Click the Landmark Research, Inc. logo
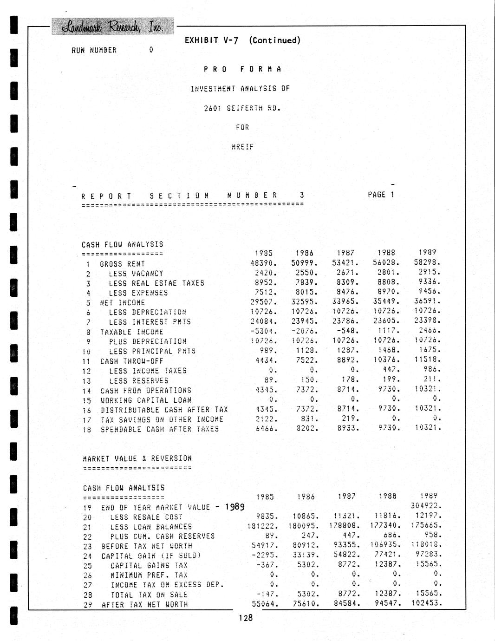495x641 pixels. tap(113, 26)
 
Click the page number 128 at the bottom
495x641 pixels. tap(246, 618)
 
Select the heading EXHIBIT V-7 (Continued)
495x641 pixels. tap(242, 40)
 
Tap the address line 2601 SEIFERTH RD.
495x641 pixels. tap(242, 108)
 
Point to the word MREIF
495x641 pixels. tap(242, 147)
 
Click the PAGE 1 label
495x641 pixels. tap(381, 195)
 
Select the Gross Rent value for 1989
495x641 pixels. tap(427, 262)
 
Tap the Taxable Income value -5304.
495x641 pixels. tap(264, 332)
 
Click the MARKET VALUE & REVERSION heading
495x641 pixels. tap(137, 458)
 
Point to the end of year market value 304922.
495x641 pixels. tap(426, 506)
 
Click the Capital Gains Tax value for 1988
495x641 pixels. tap(386, 564)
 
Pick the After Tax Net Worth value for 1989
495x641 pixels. tap(426, 603)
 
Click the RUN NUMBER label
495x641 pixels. tap(94, 50)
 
